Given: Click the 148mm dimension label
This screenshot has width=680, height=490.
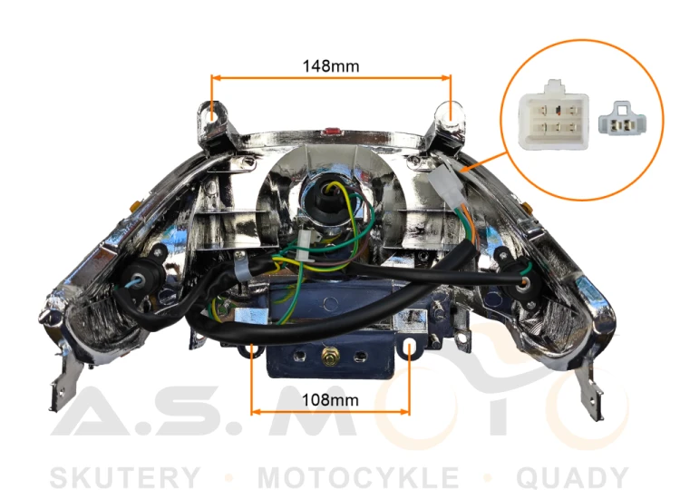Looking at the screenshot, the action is (331, 66).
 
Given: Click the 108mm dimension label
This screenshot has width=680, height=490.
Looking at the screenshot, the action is (330, 400).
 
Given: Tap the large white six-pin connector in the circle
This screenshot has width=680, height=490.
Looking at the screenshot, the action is (554, 115).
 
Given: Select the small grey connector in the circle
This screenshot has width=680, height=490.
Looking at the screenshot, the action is (622, 119).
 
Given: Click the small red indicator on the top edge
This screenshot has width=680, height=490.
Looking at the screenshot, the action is (331, 130).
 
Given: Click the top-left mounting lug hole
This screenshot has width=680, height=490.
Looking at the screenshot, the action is (212, 113).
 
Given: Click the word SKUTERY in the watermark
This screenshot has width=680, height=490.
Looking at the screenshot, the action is (125, 477).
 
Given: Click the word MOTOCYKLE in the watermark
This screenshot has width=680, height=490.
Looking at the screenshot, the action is (358, 477).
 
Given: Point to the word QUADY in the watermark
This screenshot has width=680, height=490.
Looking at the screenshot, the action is (572, 477).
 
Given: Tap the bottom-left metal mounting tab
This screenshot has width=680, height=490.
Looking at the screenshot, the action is (64, 382).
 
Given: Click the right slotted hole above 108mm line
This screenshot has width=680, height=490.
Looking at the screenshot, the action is (410, 348).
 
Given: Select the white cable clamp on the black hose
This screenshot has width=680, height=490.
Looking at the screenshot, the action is (241, 267).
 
